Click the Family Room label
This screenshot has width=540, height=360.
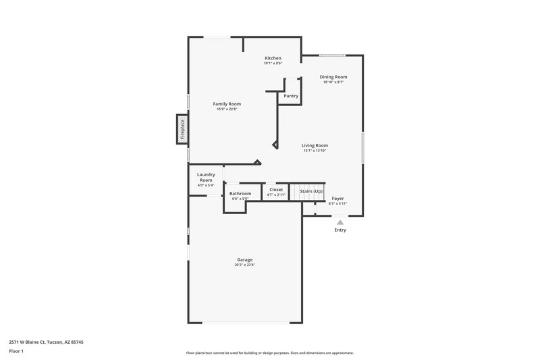[x=227, y=103]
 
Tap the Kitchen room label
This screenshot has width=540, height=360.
[x=273, y=58]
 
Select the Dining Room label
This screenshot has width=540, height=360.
[x=333, y=77]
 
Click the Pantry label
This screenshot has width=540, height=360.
[x=291, y=96]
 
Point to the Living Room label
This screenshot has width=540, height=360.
[x=315, y=145]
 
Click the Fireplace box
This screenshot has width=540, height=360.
[x=181, y=129]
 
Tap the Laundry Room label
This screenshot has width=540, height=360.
[x=206, y=177]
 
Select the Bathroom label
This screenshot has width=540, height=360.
[x=241, y=193]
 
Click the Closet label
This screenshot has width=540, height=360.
[x=276, y=190]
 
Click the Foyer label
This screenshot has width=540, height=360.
[x=337, y=199]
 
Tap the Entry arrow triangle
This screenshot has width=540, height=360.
[x=340, y=222]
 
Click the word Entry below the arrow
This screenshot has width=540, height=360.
[x=340, y=230]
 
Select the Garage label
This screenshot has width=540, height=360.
[x=244, y=259]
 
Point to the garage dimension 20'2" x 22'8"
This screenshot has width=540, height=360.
[x=244, y=265]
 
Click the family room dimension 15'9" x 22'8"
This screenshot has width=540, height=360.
[x=227, y=109]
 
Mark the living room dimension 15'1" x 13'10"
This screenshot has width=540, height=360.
[x=315, y=151]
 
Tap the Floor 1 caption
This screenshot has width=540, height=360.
[x=17, y=352]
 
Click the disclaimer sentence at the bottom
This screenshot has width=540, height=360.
[x=269, y=353]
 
